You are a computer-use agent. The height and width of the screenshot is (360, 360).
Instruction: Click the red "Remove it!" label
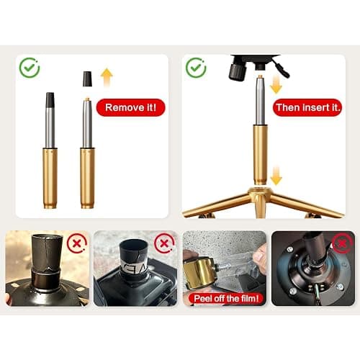tap(130, 107)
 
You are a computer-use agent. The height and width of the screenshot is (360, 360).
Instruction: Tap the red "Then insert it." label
tap(307, 107)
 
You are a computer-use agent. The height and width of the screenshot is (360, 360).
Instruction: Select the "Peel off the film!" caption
tap(226, 299)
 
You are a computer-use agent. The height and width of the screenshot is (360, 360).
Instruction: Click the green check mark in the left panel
tap(30, 68)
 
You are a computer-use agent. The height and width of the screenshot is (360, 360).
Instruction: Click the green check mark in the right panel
tap(196, 68)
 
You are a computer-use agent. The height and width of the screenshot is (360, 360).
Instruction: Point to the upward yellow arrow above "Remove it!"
tap(107, 77)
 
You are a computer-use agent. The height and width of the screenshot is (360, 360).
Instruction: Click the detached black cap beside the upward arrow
tap(87, 78)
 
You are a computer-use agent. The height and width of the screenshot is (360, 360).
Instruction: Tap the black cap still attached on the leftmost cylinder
tap(50, 100)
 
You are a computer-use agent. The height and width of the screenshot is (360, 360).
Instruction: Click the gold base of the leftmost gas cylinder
tap(50, 178)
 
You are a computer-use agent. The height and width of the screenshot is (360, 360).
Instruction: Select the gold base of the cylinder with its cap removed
tap(87, 178)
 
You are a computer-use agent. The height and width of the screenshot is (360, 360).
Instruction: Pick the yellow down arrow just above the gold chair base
tap(276, 176)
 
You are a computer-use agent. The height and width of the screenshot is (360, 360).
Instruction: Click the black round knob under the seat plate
tap(238, 71)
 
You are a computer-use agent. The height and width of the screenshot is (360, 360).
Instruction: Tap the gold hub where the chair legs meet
tap(260, 194)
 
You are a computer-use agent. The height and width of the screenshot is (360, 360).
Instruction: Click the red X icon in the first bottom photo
tap(77, 243)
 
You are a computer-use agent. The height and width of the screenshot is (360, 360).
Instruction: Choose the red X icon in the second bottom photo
tap(164, 243)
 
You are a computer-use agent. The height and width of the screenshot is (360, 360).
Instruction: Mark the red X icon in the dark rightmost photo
tap(343, 243)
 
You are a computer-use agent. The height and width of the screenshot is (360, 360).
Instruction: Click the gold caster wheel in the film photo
tap(199, 272)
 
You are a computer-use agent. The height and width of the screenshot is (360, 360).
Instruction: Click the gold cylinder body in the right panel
tap(260, 154)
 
